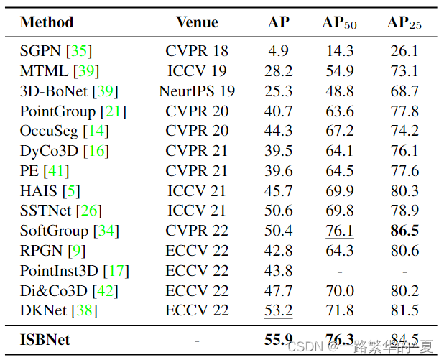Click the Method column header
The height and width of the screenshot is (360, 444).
click(x=47, y=22)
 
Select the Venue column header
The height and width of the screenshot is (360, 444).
click(x=197, y=22)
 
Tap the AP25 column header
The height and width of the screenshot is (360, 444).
click(x=404, y=23)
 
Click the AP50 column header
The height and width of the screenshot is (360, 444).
click(x=339, y=23)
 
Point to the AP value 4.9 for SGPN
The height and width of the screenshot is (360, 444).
click(x=278, y=51)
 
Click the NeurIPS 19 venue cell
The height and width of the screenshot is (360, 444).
click(x=197, y=92)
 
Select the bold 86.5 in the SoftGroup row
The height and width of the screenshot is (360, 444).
click(x=404, y=231)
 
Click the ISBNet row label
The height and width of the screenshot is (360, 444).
click(x=45, y=339)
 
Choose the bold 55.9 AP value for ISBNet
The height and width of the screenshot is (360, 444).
click(x=278, y=339)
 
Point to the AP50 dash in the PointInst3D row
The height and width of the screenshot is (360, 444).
click(x=339, y=271)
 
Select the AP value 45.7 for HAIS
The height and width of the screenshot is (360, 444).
click(x=278, y=191)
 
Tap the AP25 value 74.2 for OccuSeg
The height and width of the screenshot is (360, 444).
click(x=404, y=131)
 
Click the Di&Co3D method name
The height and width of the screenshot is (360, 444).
click(x=49, y=291)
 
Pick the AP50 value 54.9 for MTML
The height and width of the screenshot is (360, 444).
click(x=339, y=72)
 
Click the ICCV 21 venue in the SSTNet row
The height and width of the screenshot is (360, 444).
click(x=197, y=211)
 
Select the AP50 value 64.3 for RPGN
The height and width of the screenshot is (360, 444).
click(x=339, y=251)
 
